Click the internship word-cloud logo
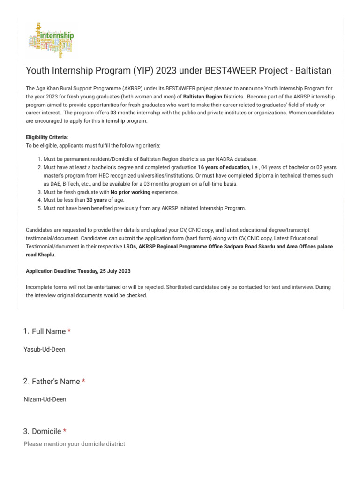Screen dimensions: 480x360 (51, 39)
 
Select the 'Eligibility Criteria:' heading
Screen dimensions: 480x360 (46, 137)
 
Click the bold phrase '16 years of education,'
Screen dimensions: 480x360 (224, 167)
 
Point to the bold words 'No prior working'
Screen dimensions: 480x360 (130, 192)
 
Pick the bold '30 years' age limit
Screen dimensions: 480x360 (97, 200)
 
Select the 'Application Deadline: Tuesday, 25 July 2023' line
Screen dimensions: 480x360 (78, 271)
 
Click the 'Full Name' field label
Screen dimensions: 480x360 (49, 331)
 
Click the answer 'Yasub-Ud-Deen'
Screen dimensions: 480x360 (45, 350)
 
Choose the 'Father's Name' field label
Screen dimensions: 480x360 (56, 382)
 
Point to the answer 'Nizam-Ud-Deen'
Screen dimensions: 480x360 (45, 399)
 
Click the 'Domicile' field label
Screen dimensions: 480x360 (46, 431)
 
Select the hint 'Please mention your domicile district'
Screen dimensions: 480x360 (74, 443)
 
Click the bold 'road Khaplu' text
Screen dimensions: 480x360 (40, 255)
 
